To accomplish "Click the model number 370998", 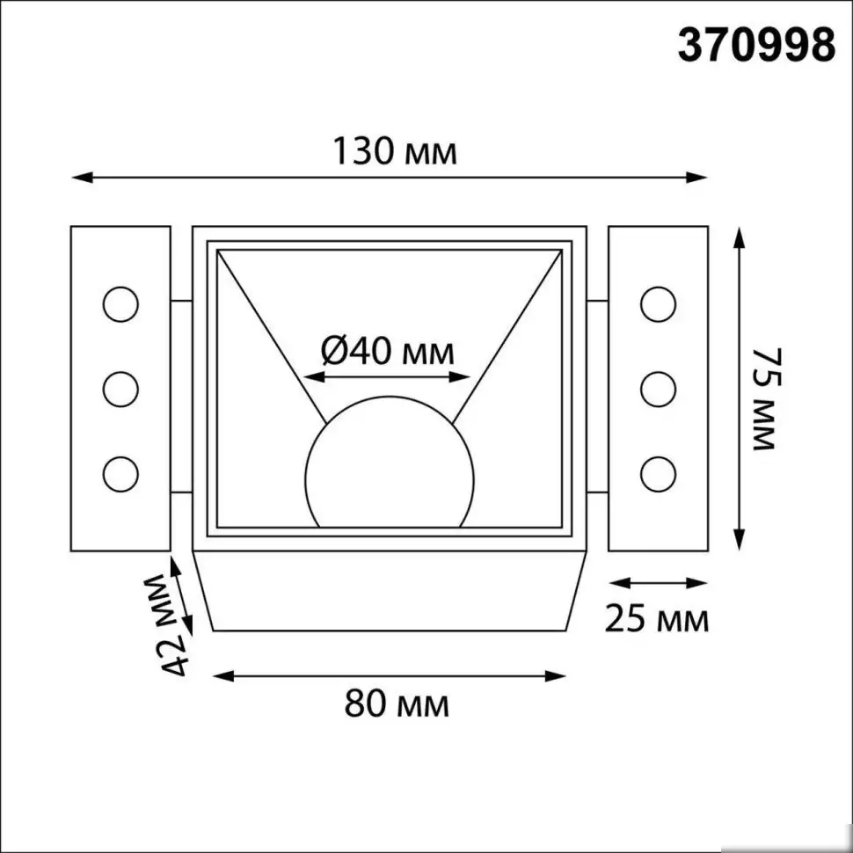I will pyautogui.click(x=755, y=44).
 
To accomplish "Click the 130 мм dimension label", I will pyautogui.click(x=394, y=152).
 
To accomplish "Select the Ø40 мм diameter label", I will pyautogui.click(x=387, y=353).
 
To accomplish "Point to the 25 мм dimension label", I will pyautogui.click(x=656, y=620).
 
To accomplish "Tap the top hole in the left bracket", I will pyautogui.click(x=120, y=304).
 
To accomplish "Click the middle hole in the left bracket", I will pyautogui.click(x=120, y=389).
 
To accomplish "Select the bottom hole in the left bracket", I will pyautogui.click(x=120, y=473).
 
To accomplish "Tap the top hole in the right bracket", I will pyautogui.click(x=658, y=304).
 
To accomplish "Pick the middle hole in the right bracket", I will pyautogui.click(x=658, y=389).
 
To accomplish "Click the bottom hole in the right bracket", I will pyautogui.click(x=658, y=473).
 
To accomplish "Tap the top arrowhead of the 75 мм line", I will pyautogui.click(x=740, y=236).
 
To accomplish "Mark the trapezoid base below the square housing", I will pyautogui.click(x=389, y=591).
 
